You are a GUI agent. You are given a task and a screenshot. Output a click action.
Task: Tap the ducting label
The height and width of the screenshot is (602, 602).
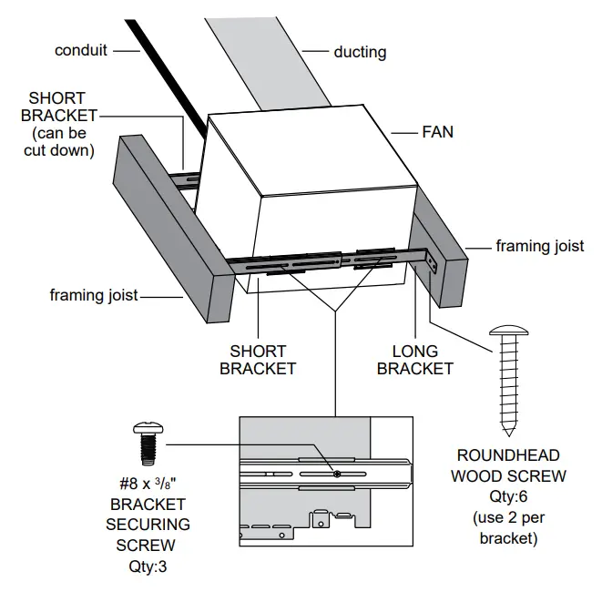click(360, 52)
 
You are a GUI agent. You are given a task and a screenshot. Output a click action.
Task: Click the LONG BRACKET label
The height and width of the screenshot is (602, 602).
click(414, 360)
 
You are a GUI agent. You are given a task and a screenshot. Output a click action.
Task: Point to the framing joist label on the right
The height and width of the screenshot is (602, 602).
click(539, 246)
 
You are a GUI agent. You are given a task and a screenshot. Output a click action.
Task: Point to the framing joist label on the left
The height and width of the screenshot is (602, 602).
click(93, 295)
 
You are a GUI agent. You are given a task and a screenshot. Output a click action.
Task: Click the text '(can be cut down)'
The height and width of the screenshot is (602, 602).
click(57, 142)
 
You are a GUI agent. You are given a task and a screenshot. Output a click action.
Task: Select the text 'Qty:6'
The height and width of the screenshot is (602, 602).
click(507, 497)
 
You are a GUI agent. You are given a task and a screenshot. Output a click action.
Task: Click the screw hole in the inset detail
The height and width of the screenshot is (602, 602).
click(337, 474)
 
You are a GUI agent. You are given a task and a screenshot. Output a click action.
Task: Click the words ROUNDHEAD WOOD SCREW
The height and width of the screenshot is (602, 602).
click(507, 464)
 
